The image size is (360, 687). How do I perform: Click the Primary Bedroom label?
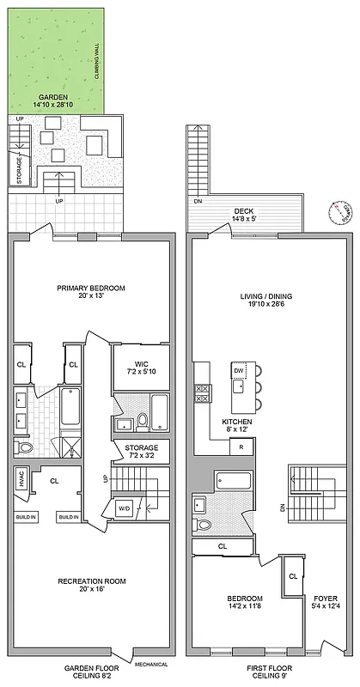click(91, 292)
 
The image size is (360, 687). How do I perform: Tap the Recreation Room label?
click(91, 586)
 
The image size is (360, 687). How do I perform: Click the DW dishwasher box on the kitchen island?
click(238, 371)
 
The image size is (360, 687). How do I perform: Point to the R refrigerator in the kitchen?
click(241, 447)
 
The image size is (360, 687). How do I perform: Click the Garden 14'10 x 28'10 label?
click(54, 101)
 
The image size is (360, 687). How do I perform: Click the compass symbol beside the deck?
click(342, 212)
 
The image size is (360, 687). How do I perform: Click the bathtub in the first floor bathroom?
click(233, 480)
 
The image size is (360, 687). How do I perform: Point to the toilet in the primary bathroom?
click(23, 448)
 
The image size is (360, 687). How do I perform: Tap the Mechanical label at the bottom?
click(150, 664)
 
